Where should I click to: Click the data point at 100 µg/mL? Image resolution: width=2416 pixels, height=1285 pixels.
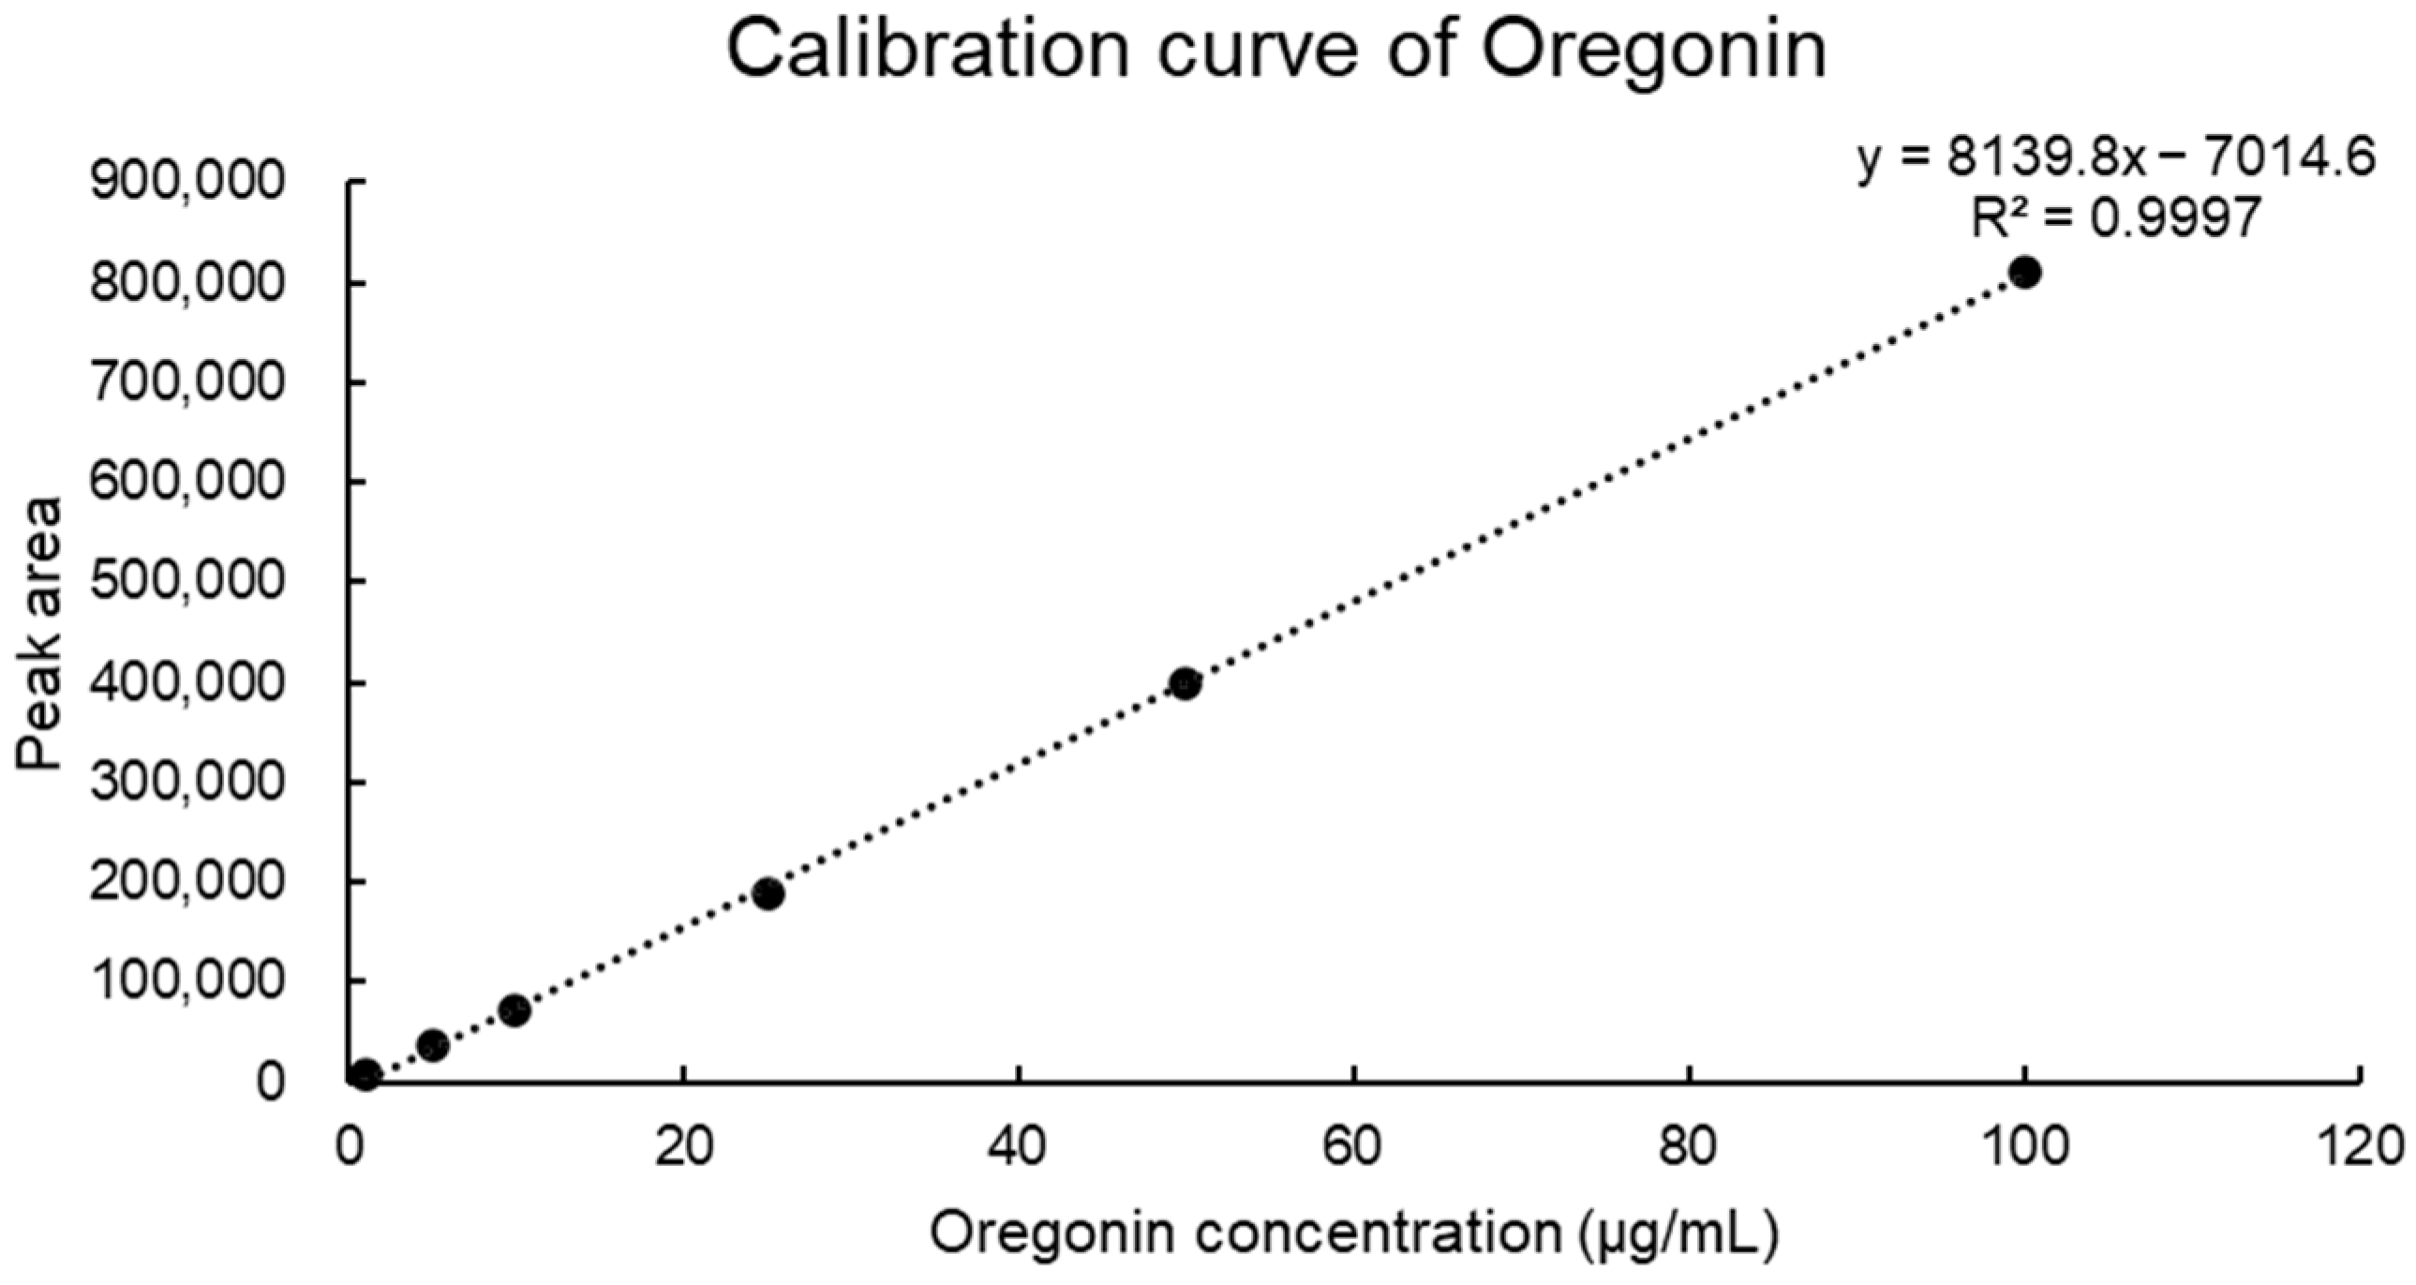coord(2025,273)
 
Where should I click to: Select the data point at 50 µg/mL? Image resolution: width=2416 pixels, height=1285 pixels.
coord(1186,684)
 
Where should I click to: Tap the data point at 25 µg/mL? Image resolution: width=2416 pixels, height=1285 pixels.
coord(768,894)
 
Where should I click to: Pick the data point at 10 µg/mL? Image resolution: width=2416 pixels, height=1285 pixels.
coord(515,1011)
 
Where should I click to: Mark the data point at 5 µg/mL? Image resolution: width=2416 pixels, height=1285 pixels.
coord(432,1045)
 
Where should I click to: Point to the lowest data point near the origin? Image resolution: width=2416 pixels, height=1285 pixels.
coord(365,1075)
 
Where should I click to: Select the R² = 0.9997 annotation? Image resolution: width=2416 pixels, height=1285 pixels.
coord(2116,218)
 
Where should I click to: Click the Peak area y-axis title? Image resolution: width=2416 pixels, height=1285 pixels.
coord(39,634)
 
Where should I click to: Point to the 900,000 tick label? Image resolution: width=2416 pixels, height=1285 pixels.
coord(186,181)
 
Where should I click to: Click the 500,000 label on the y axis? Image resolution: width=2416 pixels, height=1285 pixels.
coord(186,581)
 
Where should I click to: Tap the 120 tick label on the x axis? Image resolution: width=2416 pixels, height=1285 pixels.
coord(2358,1146)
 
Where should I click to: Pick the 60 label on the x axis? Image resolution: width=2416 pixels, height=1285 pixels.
coord(1353,1146)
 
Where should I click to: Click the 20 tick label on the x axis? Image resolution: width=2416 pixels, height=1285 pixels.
coord(685,1146)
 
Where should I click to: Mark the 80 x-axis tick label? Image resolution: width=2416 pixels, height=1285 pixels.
coord(1688,1146)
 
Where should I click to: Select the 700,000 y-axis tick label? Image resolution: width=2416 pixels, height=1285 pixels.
coord(186,381)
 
